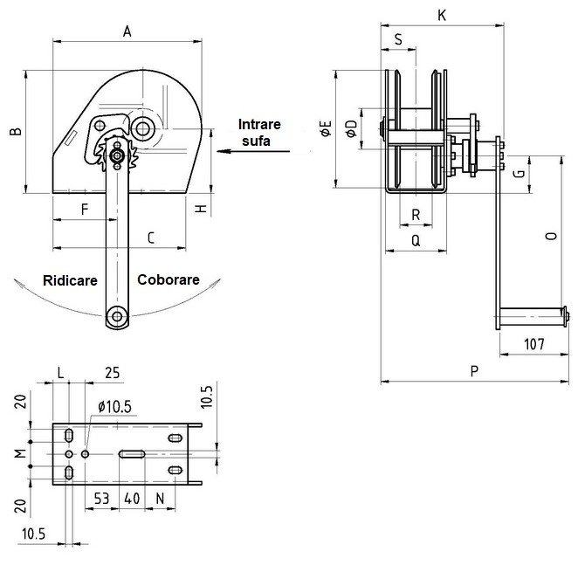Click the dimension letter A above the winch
click(x=127, y=31)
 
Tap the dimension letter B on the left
click(x=15, y=131)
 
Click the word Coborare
click(x=169, y=280)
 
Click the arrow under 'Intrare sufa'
click(x=253, y=151)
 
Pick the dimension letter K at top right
click(x=442, y=15)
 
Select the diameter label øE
click(x=326, y=132)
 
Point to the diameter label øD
click(x=350, y=128)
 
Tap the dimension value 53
click(x=102, y=500)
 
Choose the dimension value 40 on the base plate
click(x=132, y=500)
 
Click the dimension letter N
click(x=161, y=500)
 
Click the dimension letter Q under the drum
click(x=415, y=239)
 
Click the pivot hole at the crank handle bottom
click(x=114, y=316)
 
